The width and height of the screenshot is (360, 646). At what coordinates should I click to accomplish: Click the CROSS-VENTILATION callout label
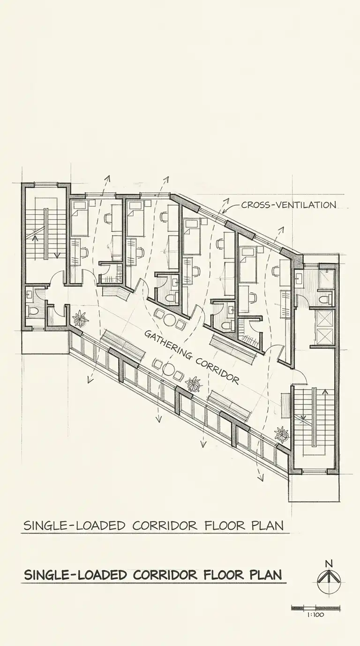(289, 205)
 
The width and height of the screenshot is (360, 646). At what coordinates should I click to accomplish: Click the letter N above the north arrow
(329, 563)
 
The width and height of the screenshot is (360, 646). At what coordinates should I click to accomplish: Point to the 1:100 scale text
(315, 615)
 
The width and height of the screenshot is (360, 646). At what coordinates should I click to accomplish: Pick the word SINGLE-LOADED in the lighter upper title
(75, 526)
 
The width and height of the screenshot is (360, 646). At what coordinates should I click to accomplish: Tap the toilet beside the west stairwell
(32, 311)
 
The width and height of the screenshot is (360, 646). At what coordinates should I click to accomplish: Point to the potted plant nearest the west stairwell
(81, 318)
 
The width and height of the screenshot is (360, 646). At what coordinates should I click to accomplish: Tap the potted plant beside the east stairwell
(281, 435)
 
